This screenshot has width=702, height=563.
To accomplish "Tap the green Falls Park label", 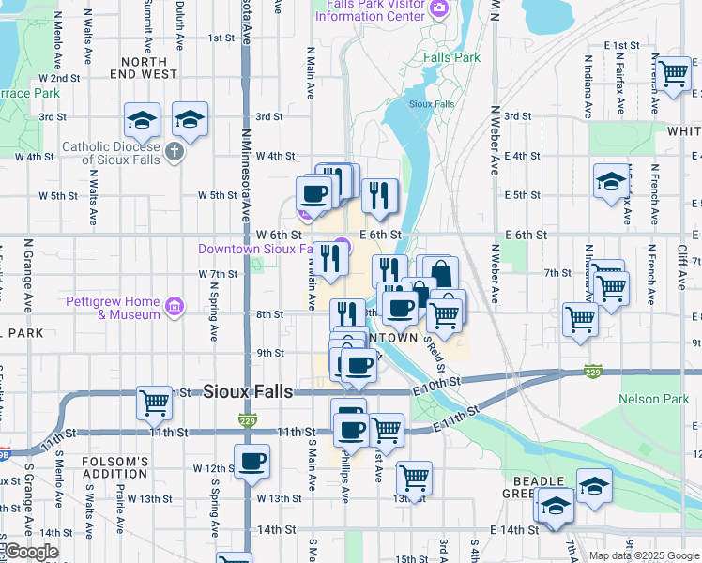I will (x=450, y=57).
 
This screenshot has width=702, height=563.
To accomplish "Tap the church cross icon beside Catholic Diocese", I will (x=174, y=152).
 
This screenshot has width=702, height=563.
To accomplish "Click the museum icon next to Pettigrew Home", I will (x=173, y=306).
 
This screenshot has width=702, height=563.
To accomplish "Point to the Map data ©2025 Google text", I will (x=643, y=555).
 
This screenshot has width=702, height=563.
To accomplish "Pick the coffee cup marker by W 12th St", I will (x=252, y=462).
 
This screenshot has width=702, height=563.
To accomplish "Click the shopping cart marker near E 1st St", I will (x=673, y=72).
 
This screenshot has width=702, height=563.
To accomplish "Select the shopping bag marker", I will (x=439, y=273).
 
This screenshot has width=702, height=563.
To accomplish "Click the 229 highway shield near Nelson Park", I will (x=591, y=372).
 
